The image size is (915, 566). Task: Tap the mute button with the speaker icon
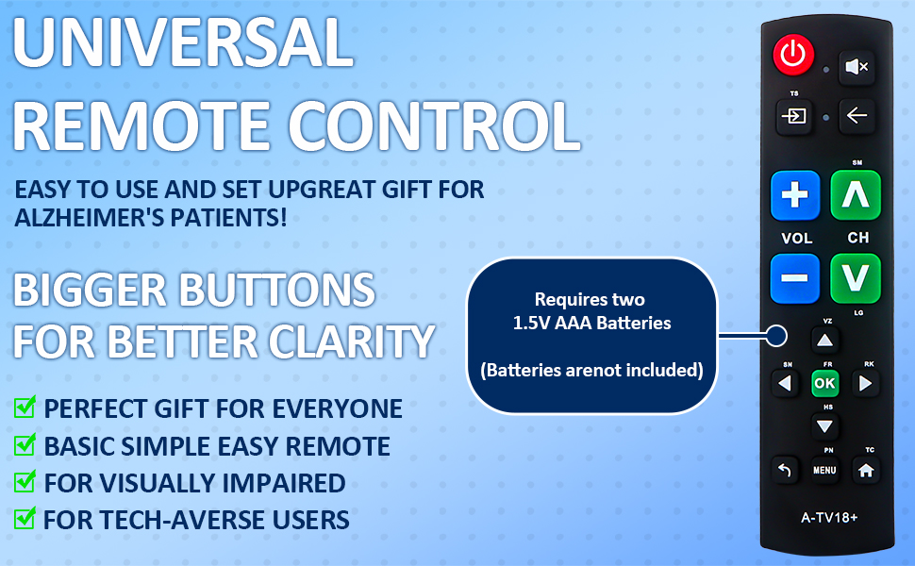point(857,67)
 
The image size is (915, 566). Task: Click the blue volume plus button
point(795,195)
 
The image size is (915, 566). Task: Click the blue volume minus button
point(795,279)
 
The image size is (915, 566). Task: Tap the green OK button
point(824,384)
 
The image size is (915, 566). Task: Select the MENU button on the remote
point(824,470)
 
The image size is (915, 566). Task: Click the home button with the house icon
point(864,470)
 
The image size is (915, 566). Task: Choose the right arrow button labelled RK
point(864,384)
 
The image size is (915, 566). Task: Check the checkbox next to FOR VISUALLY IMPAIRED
point(25,483)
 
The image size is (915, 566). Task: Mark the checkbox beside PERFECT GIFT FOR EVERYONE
point(25,408)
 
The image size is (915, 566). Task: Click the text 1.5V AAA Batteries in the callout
point(591,323)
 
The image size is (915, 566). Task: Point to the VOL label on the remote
point(796,238)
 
